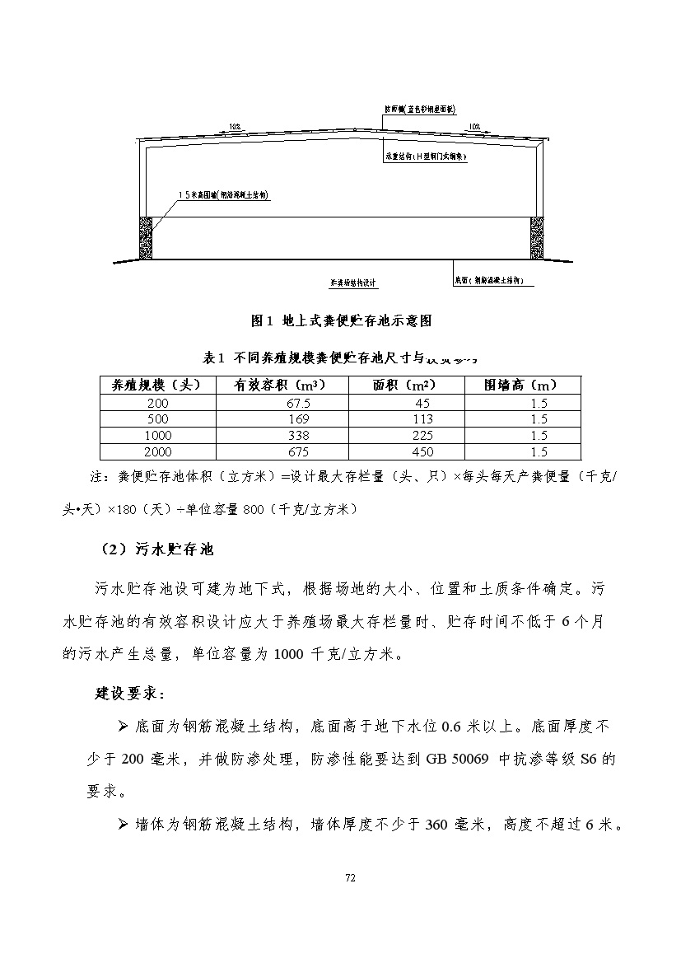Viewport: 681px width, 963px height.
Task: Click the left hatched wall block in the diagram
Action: (x=147, y=236)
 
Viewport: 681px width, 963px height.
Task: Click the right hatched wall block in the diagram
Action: (x=537, y=236)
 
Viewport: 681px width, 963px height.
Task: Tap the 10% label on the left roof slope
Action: (x=236, y=127)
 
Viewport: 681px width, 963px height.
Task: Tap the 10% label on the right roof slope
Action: (x=473, y=127)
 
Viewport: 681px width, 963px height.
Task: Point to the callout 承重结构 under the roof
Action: (x=426, y=155)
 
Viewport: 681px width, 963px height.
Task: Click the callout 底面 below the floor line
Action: (x=493, y=281)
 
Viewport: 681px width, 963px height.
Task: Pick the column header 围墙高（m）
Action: (x=521, y=385)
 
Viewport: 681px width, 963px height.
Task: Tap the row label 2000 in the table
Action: (x=156, y=452)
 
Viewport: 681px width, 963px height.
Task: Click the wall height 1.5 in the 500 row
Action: (x=539, y=419)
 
